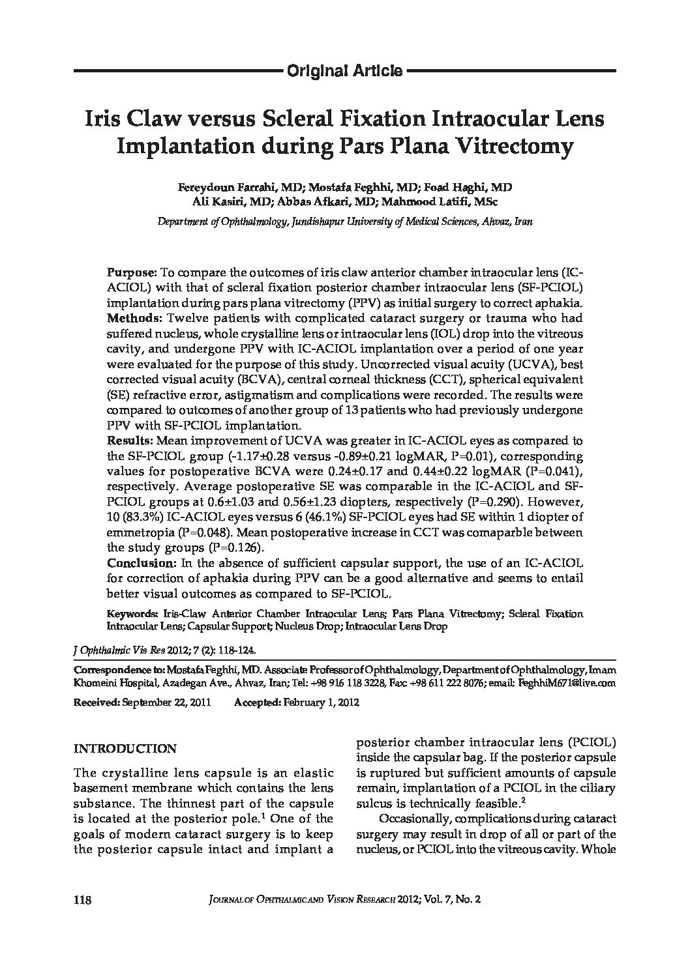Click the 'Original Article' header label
[344, 71]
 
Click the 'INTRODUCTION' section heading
[125, 749]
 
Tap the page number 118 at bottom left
[82, 900]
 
